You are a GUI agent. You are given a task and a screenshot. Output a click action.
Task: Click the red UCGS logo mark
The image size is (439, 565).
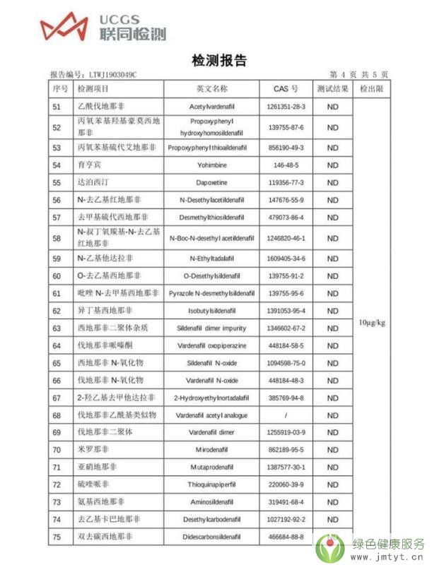coord(65,27)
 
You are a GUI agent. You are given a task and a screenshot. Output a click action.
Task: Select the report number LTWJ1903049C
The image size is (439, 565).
coord(112,74)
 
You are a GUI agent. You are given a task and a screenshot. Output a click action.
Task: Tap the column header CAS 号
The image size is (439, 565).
coord(286,89)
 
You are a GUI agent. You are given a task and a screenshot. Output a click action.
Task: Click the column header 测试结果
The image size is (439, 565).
coord(332,89)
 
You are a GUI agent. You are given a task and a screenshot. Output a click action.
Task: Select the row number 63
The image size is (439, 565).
coord(57,328)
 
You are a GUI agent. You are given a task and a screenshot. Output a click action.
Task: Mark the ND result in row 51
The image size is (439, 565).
coord(332,107)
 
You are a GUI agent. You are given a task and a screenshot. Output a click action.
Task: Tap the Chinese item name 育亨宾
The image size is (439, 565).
coord(90,165)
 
